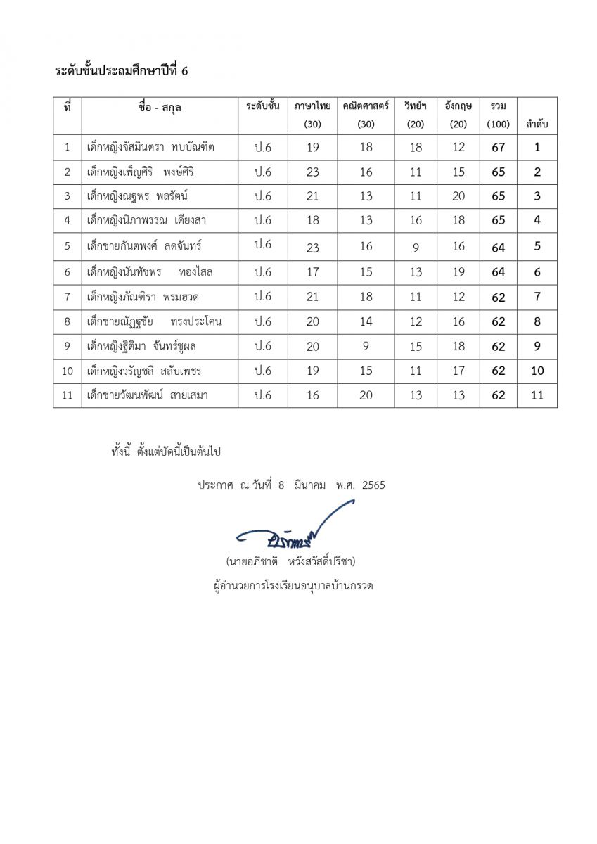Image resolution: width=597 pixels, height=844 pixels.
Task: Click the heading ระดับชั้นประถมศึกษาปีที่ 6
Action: point(122,71)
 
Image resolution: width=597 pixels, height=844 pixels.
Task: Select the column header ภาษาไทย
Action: point(312,106)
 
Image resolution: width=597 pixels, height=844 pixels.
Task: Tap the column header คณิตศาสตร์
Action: point(366,106)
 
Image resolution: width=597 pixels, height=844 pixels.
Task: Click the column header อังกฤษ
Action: point(458,106)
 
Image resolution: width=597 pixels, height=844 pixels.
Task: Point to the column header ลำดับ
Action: point(537,124)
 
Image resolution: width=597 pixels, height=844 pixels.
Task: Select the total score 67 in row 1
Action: point(498,147)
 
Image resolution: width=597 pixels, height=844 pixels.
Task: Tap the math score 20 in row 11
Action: point(366,395)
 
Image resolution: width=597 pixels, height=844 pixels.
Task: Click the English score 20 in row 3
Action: point(458,196)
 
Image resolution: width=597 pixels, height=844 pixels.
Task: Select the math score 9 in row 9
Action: point(366,346)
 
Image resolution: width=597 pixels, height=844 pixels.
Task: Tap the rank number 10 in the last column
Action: point(537,371)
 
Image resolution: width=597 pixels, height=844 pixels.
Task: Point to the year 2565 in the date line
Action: point(373,485)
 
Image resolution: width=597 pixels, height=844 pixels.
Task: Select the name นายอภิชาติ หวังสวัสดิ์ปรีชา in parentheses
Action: point(290,561)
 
